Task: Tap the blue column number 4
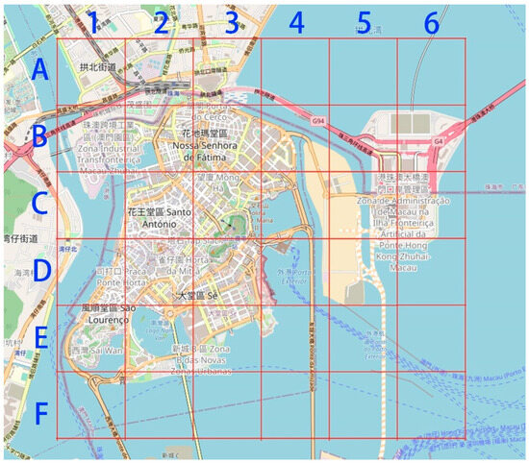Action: tap(295, 20)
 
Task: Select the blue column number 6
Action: tap(431, 20)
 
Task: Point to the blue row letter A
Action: tap(39, 70)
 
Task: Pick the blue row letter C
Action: tap(39, 203)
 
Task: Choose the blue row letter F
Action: tap(39, 414)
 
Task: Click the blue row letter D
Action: tap(39, 270)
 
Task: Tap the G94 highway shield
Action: tap(318, 121)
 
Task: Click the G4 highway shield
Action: tap(439, 141)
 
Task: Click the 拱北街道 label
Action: tap(99, 68)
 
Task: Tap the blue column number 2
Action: tap(161, 20)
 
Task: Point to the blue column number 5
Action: tap(363, 20)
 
